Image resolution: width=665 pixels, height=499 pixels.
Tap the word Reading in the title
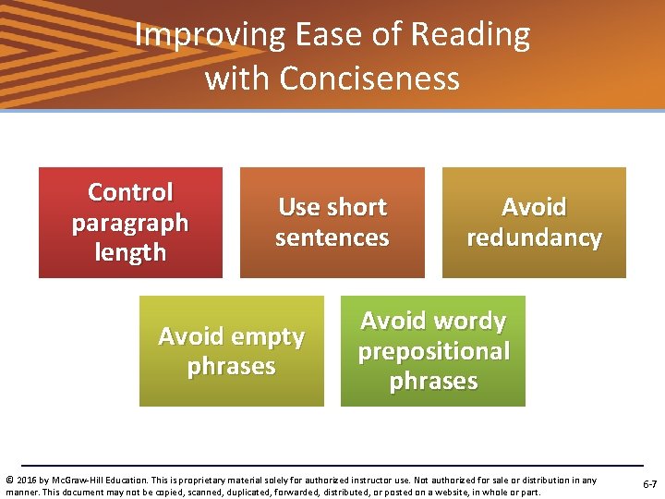[470, 35]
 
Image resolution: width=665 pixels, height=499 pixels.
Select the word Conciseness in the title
[369, 78]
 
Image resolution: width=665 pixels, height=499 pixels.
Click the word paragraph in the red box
[130, 223]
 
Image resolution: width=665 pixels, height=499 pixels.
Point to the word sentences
[332, 237]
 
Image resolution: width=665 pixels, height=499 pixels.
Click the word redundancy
[534, 237]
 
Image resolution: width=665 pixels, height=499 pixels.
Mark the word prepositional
[433, 351]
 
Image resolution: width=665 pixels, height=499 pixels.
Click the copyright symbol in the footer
[9, 480]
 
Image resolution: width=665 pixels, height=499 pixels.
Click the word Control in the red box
[130, 192]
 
